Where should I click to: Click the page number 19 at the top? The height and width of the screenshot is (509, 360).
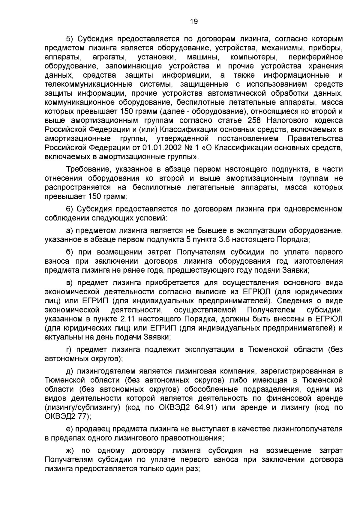point(194,22)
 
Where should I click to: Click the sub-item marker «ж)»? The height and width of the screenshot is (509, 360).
point(71,451)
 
